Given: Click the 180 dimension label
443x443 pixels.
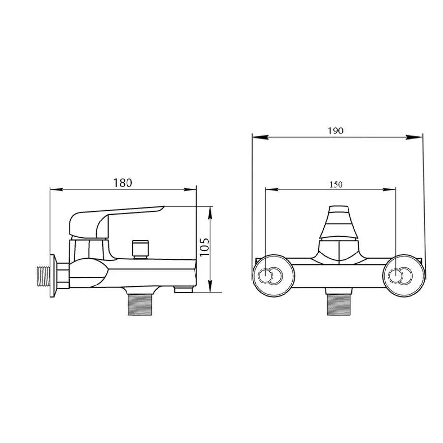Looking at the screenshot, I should click(123, 183).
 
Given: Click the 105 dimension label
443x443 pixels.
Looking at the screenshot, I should click(205, 248).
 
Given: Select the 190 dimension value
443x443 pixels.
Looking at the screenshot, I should click(337, 131).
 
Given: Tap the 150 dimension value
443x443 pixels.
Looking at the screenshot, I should click(336, 185).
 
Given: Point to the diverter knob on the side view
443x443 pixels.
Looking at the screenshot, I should click(140, 249).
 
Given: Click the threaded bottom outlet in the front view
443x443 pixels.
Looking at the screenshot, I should click(340, 305).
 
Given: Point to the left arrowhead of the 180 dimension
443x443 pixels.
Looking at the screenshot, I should click(54, 190).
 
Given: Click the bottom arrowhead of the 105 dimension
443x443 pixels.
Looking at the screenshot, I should click(211, 289).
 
